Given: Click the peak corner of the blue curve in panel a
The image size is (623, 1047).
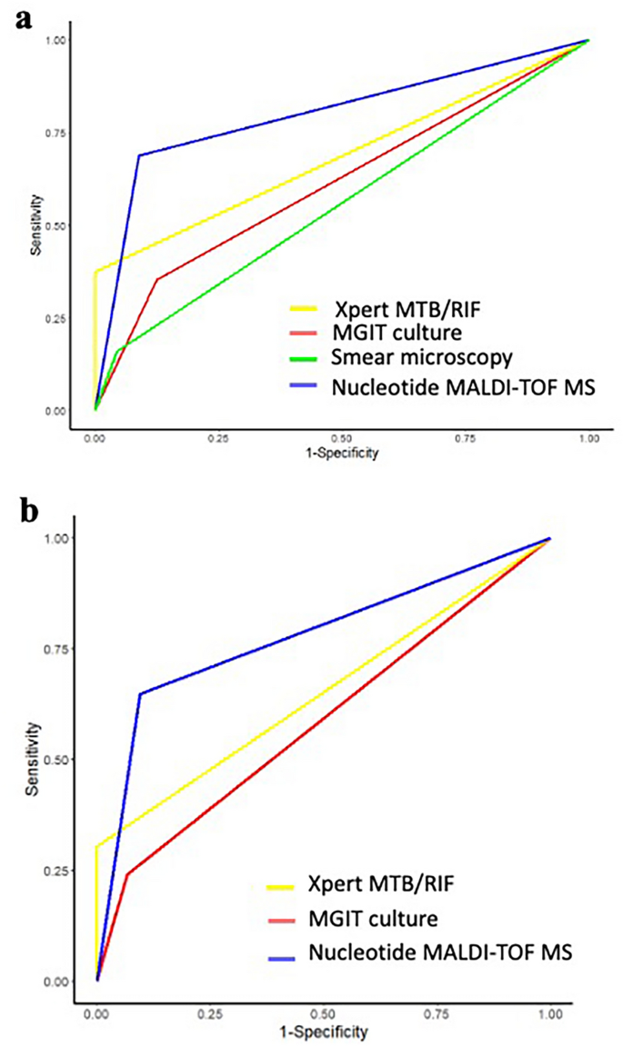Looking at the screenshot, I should pyautogui.click(x=139, y=155).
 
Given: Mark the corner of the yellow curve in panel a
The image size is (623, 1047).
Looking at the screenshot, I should pyautogui.click(x=95, y=271).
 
